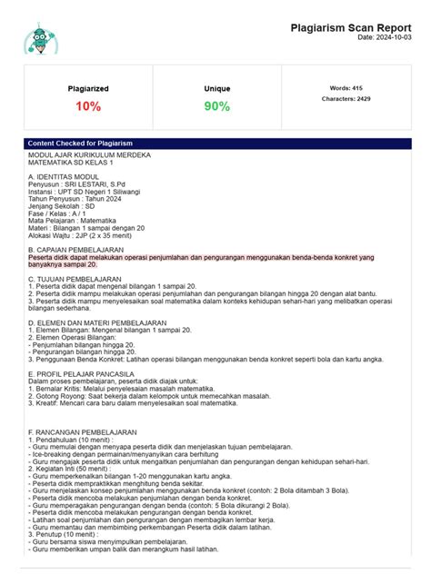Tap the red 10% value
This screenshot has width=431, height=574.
tap(88, 107)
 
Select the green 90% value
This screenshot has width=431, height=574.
tap(217, 107)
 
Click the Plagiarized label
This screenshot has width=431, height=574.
tap(88, 89)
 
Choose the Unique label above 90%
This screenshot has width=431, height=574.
tap(217, 89)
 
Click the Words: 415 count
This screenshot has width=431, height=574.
tap(346, 88)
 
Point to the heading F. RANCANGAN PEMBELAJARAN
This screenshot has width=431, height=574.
tap(83, 432)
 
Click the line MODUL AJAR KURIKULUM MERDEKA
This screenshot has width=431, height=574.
tap(89, 154)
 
